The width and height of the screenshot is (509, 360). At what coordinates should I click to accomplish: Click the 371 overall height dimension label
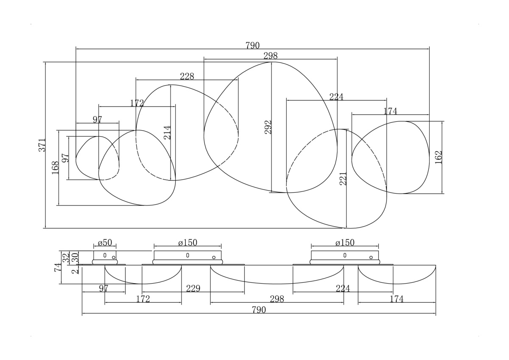pos(42,145)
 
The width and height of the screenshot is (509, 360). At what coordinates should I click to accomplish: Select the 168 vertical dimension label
pos(55,168)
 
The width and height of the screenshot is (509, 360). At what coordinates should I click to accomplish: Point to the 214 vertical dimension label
pos(167,132)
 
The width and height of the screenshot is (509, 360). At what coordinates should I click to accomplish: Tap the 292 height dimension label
pos(268,127)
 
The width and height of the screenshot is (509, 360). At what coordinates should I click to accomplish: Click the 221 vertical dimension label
pos(343,179)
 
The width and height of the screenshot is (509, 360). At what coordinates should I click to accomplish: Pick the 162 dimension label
pos(438,157)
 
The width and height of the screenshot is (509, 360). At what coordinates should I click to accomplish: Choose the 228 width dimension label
pos(187,76)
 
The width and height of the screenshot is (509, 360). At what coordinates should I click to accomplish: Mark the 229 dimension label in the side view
pos(193,288)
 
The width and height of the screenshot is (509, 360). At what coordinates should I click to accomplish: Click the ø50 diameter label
pos(105,243)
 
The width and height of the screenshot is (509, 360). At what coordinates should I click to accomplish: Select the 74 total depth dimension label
pos(58,267)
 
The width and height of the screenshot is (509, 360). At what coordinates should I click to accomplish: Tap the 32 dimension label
pos(66,257)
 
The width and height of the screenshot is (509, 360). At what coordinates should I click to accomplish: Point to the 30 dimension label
pos(75,257)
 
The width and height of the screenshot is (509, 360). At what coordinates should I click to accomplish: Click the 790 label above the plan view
pos(252,46)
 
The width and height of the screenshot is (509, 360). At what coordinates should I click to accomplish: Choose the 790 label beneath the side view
pos(259,310)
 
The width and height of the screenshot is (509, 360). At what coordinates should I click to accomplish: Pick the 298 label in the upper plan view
pos(271,56)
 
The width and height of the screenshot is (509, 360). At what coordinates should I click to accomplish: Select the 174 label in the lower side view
pos(397,299)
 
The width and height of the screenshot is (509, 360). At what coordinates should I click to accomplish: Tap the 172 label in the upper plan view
pos(137,103)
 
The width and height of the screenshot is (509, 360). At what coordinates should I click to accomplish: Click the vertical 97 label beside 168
pos(65,158)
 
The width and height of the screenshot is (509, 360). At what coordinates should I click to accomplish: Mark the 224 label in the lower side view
pos(343,288)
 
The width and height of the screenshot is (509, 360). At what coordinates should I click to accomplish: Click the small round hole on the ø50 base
pos(114,257)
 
